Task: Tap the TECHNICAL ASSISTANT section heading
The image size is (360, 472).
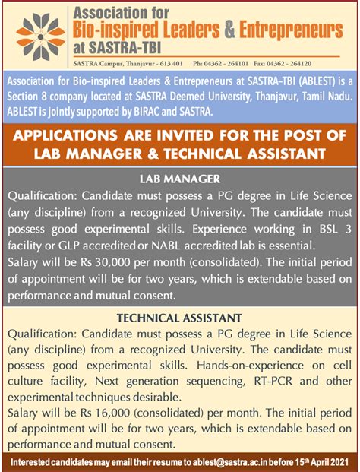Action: (180, 316)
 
